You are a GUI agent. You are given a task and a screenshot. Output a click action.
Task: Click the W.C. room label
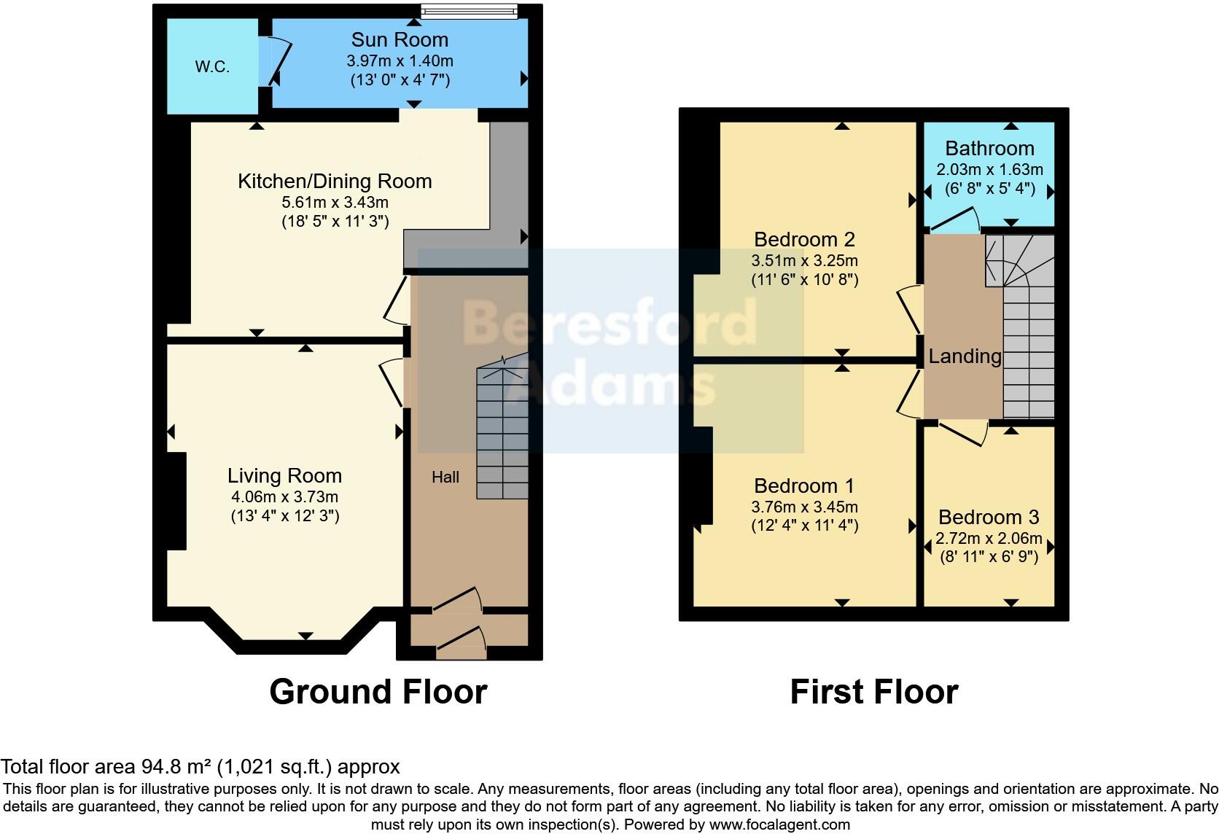(x=212, y=67)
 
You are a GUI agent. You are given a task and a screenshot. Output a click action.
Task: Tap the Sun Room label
(x=400, y=39)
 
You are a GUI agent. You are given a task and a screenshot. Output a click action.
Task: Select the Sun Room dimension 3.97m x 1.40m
(x=400, y=61)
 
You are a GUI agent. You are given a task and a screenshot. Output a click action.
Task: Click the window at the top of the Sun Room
(x=470, y=11)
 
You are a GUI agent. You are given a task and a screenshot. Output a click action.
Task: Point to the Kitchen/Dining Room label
(x=335, y=181)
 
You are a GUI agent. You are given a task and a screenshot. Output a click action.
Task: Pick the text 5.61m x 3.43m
(x=335, y=202)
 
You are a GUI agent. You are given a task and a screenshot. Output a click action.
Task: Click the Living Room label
(x=284, y=476)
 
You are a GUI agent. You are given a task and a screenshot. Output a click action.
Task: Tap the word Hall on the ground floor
(x=445, y=477)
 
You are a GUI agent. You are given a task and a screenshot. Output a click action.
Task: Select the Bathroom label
(x=989, y=149)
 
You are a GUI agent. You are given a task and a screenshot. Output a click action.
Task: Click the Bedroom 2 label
(x=804, y=239)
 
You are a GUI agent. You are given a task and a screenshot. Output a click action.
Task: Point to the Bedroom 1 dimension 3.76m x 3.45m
(x=804, y=507)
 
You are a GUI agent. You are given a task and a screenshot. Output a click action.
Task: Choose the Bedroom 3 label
(x=989, y=518)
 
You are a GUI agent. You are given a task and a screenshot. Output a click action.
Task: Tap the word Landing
(x=965, y=356)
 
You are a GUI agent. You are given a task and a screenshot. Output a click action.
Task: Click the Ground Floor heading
(x=378, y=692)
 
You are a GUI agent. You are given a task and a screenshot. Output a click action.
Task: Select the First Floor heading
(x=873, y=692)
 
